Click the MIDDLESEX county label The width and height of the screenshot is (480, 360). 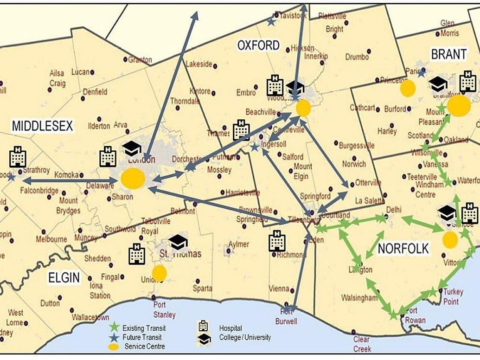43,126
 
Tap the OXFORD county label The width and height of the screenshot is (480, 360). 258,45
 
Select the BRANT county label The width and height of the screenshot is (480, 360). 448,54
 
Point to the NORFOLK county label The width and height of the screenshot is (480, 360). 403,249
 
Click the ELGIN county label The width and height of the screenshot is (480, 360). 64,277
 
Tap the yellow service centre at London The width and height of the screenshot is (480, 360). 133,179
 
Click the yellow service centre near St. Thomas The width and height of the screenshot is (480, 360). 159,273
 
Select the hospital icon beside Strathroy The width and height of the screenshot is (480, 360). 18,157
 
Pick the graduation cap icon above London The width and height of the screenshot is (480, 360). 132,148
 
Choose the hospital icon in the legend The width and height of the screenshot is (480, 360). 204,327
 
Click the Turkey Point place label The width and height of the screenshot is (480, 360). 453,296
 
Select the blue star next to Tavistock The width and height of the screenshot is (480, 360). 271,21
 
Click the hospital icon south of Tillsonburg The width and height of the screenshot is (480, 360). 277,240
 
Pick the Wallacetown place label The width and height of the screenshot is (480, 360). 90,318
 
